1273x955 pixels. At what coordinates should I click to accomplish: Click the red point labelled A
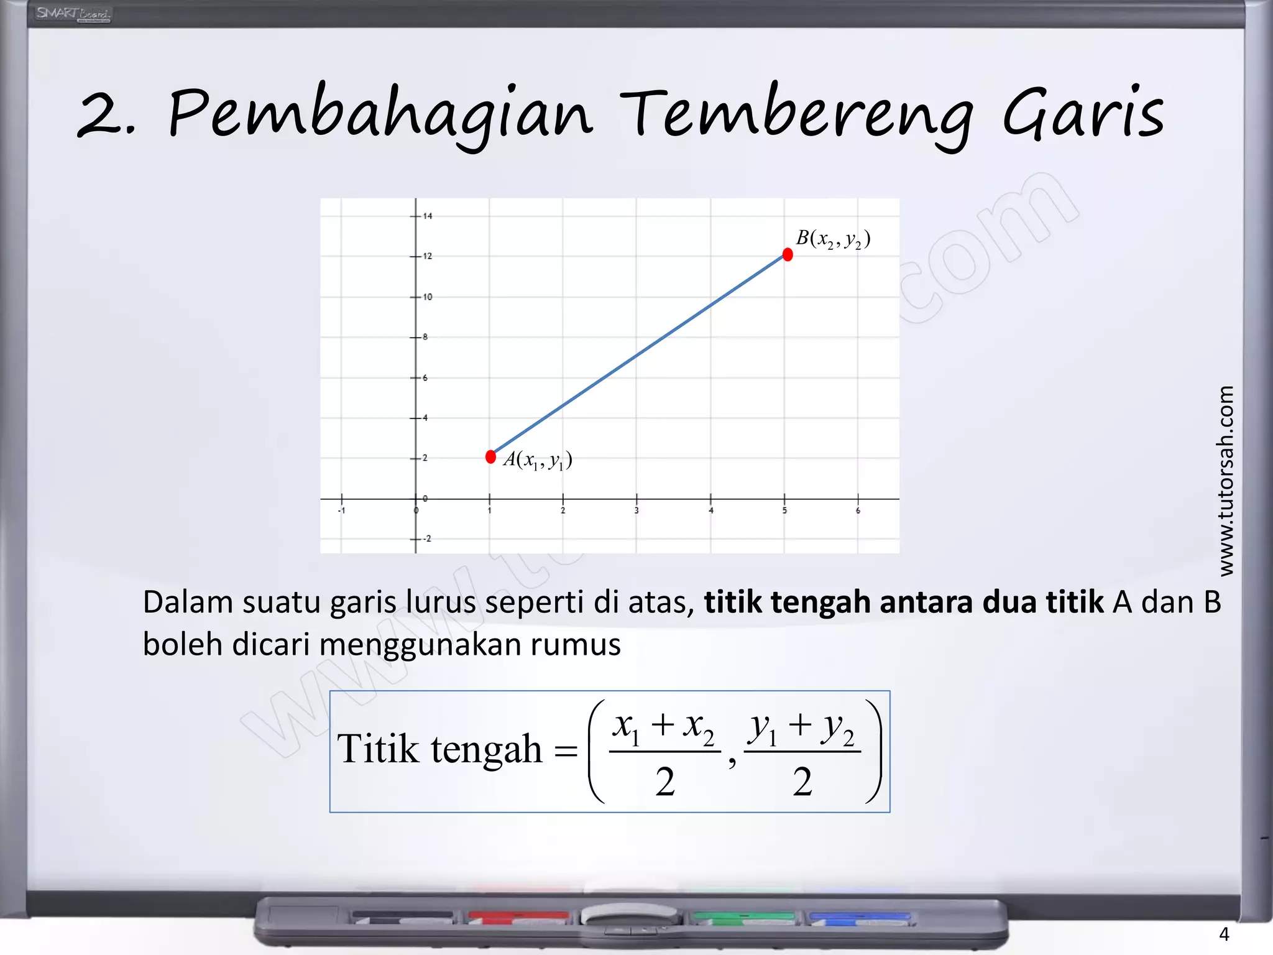(x=490, y=457)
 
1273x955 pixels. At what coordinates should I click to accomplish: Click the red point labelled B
(x=788, y=254)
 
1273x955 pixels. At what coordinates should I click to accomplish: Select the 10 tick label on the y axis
(x=428, y=297)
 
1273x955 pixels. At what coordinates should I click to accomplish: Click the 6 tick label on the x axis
(x=858, y=511)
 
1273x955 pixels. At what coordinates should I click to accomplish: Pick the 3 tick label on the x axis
(x=636, y=511)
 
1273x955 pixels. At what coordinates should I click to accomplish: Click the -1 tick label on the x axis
(x=341, y=511)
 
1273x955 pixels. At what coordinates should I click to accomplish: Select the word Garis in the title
(x=1083, y=115)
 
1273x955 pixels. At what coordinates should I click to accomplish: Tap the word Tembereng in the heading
(x=796, y=115)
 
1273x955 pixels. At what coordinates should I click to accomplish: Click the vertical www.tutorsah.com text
(x=1225, y=481)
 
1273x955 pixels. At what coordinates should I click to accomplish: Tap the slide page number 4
(x=1224, y=934)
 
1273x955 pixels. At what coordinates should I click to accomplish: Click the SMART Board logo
(x=73, y=14)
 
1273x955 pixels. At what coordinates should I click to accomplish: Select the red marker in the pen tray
(x=518, y=916)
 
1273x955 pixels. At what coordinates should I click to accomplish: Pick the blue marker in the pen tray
(x=859, y=916)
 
